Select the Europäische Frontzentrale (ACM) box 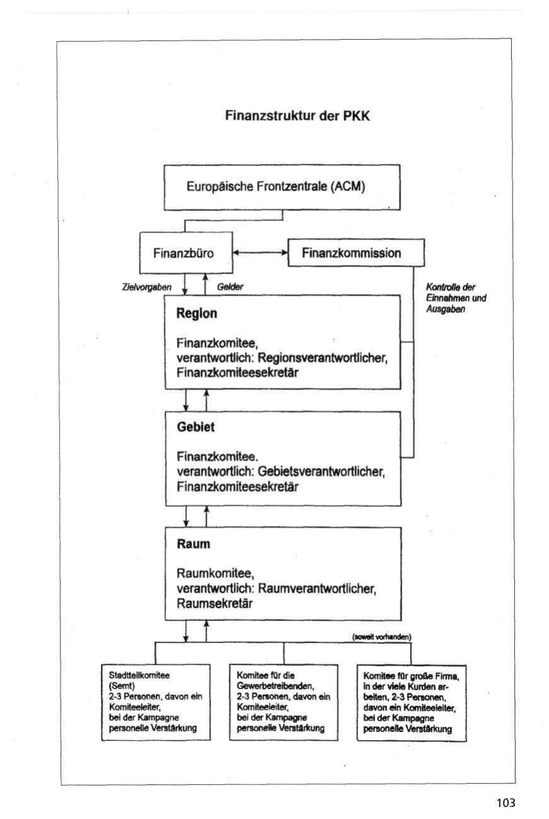click(x=282, y=187)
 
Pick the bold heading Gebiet click(x=196, y=427)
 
